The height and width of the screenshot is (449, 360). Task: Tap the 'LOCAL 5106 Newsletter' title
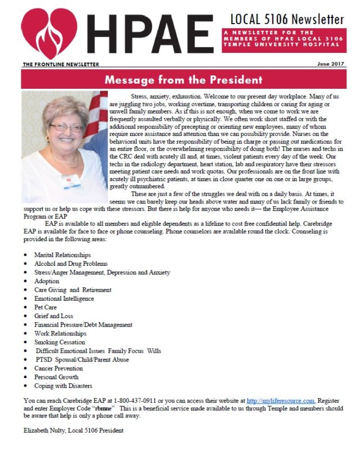pos(287,19)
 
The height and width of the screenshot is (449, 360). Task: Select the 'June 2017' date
pos(330,65)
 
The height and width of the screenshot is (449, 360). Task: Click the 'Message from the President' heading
pos(183,80)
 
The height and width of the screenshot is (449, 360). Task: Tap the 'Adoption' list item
pos(47,281)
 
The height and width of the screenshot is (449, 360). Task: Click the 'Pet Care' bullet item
pos(46,307)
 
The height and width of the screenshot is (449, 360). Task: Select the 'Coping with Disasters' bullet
pos(64,386)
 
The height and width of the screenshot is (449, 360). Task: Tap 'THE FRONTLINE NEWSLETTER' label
pos(60,65)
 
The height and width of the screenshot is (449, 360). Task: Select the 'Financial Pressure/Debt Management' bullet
pos(83,325)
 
